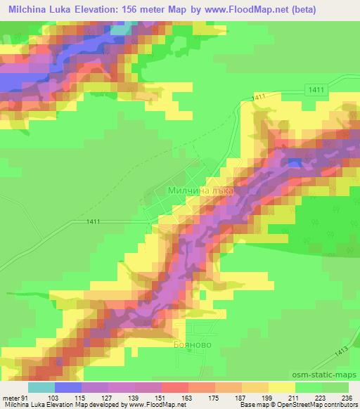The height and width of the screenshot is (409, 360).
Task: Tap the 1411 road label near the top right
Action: [316, 89]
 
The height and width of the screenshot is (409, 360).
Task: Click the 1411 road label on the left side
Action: [91, 222]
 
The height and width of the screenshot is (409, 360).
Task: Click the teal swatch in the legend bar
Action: [41, 387]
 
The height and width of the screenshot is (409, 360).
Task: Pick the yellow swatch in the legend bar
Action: [282, 387]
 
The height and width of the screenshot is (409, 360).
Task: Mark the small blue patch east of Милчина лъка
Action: [295, 163]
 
